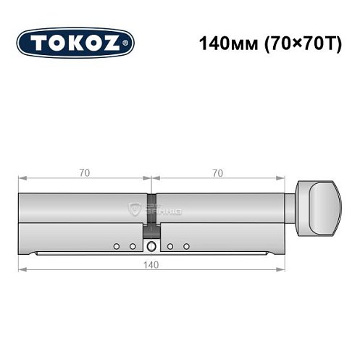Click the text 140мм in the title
pos(226,42)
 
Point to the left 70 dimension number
pos(85,172)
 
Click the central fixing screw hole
pos(151,247)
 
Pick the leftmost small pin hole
pos(116,246)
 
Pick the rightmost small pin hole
pos(186,246)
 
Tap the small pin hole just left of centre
pos(133,246)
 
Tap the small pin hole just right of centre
pos(169,246)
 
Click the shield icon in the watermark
pos(135,210)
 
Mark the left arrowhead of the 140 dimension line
pos(21,270)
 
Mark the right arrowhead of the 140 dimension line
pos(281,270)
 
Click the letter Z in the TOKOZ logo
pos(115,43)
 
